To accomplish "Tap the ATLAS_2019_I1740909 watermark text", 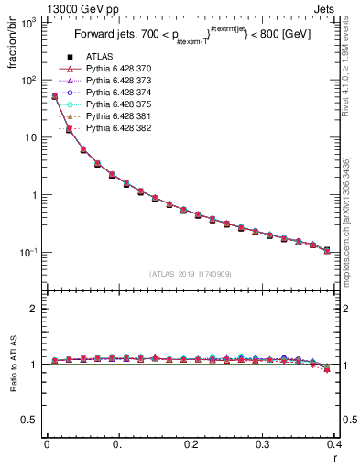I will (191, 275).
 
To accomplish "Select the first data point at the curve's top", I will (54, 95).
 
